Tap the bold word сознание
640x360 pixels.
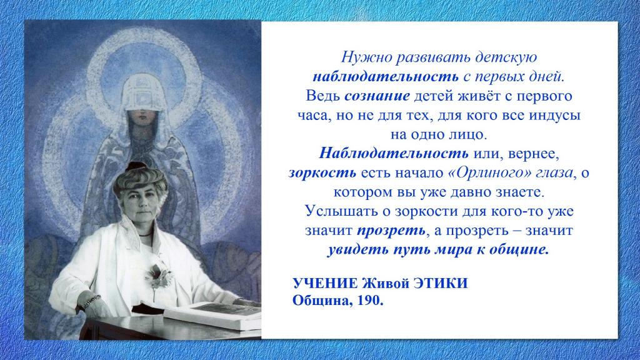[377, 96]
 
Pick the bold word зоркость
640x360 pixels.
[322, 173]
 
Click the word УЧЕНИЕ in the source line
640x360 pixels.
[325, 283]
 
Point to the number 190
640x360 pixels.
[371, 301]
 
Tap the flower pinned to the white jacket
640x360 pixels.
[159, 276]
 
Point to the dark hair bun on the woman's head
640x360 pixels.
[136, 166]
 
